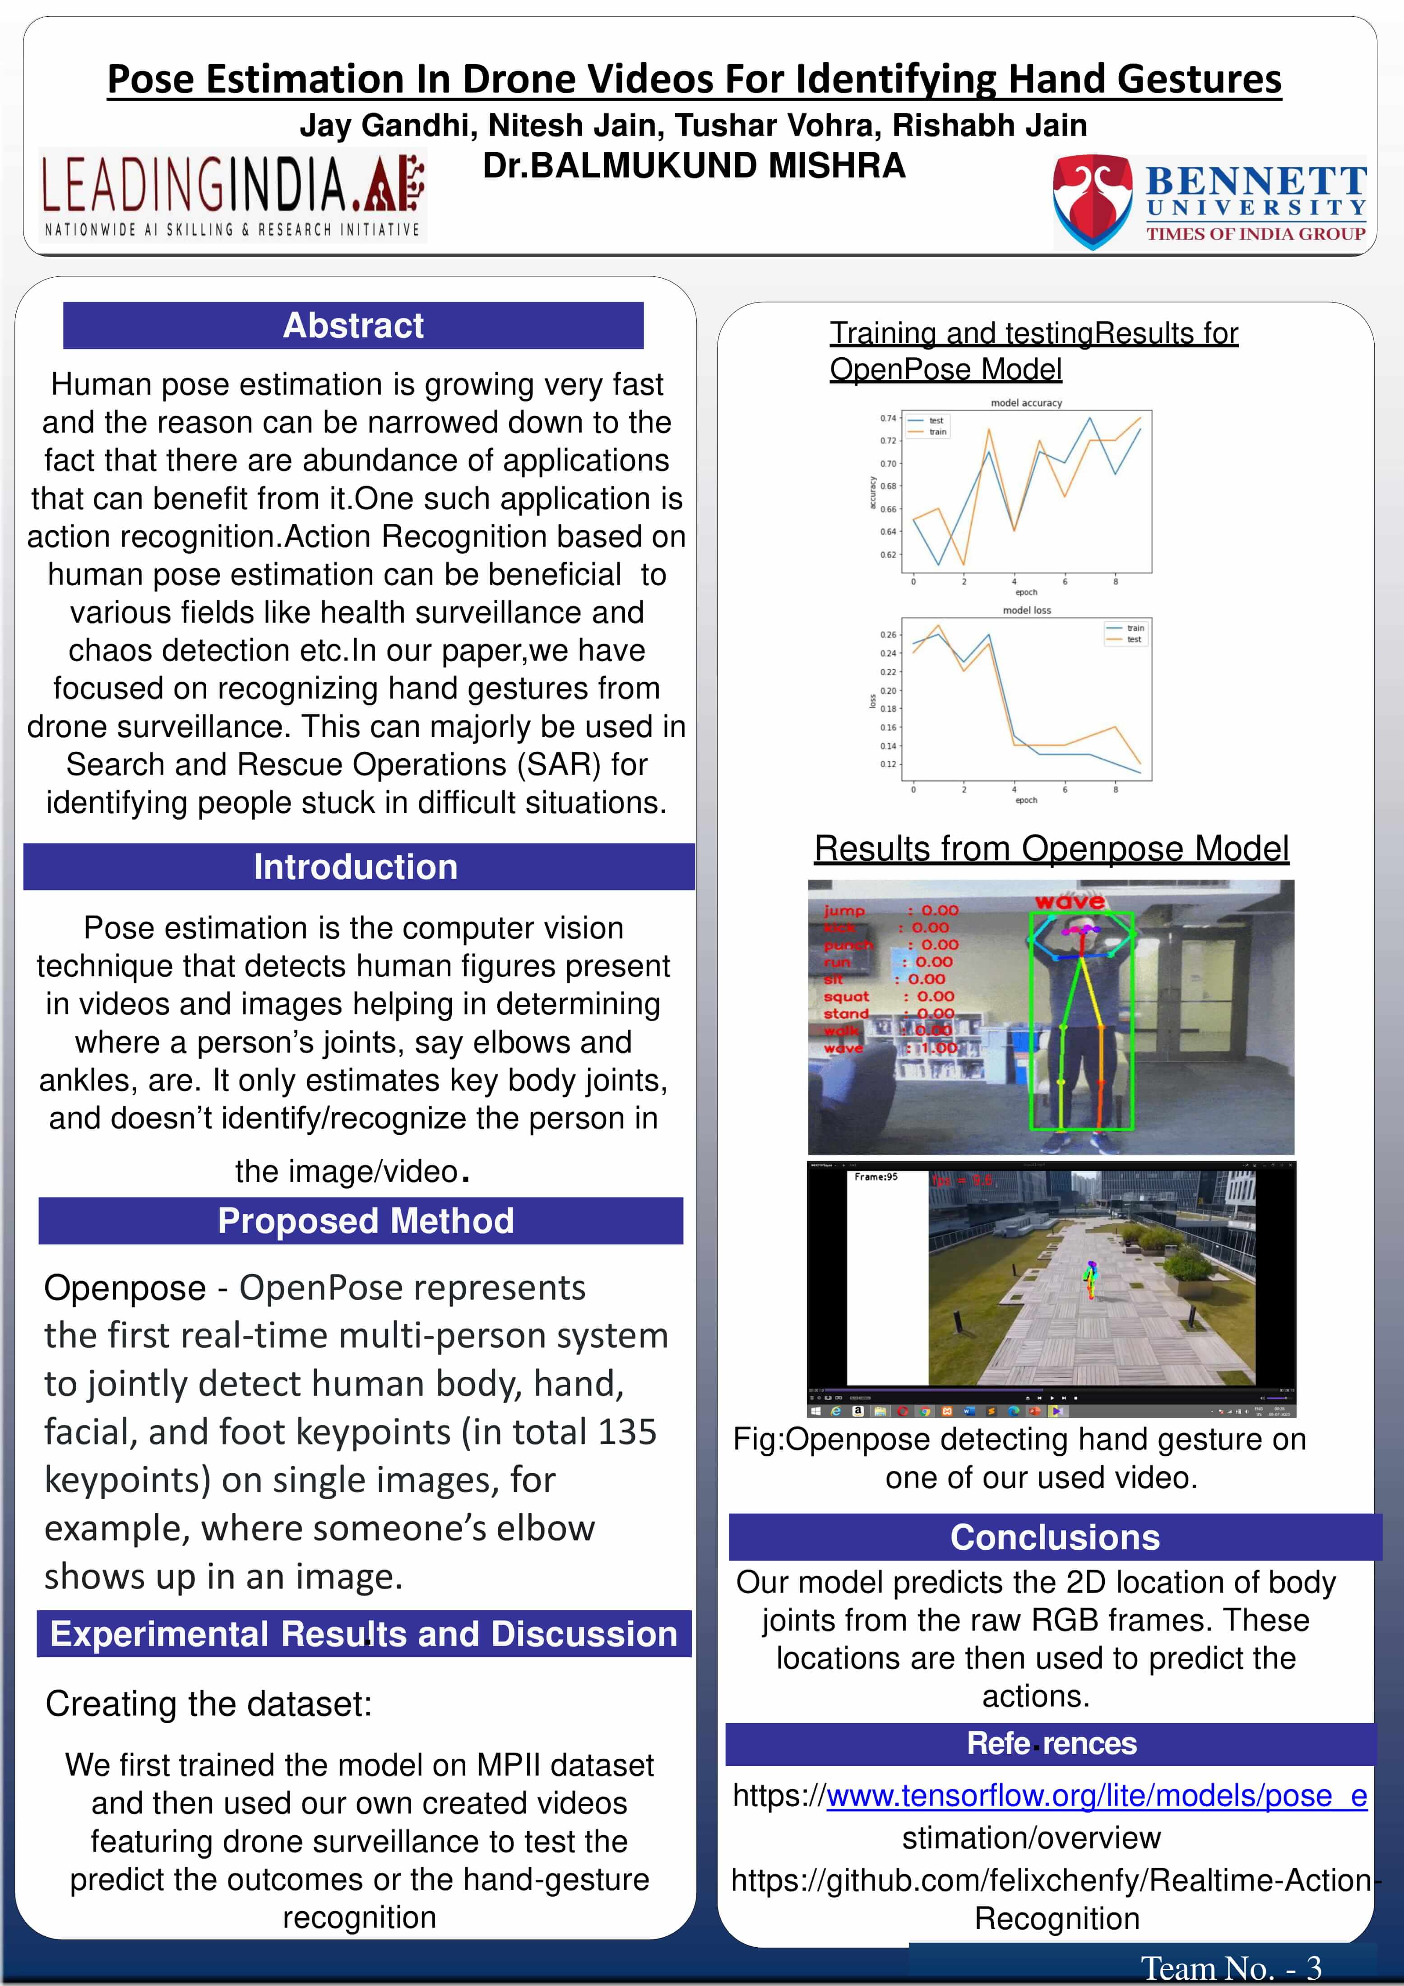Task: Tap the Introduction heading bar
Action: pos(355,867)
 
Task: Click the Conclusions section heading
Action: pos(1055,1537)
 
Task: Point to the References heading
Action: pos(1051,1743)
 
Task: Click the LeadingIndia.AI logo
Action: pos(233,195)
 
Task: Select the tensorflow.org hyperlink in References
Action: pos(1096,1796)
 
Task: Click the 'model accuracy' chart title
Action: pos(1026,403)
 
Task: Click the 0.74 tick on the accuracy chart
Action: pos(888,419)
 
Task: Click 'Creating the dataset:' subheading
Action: pos(209,1704)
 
